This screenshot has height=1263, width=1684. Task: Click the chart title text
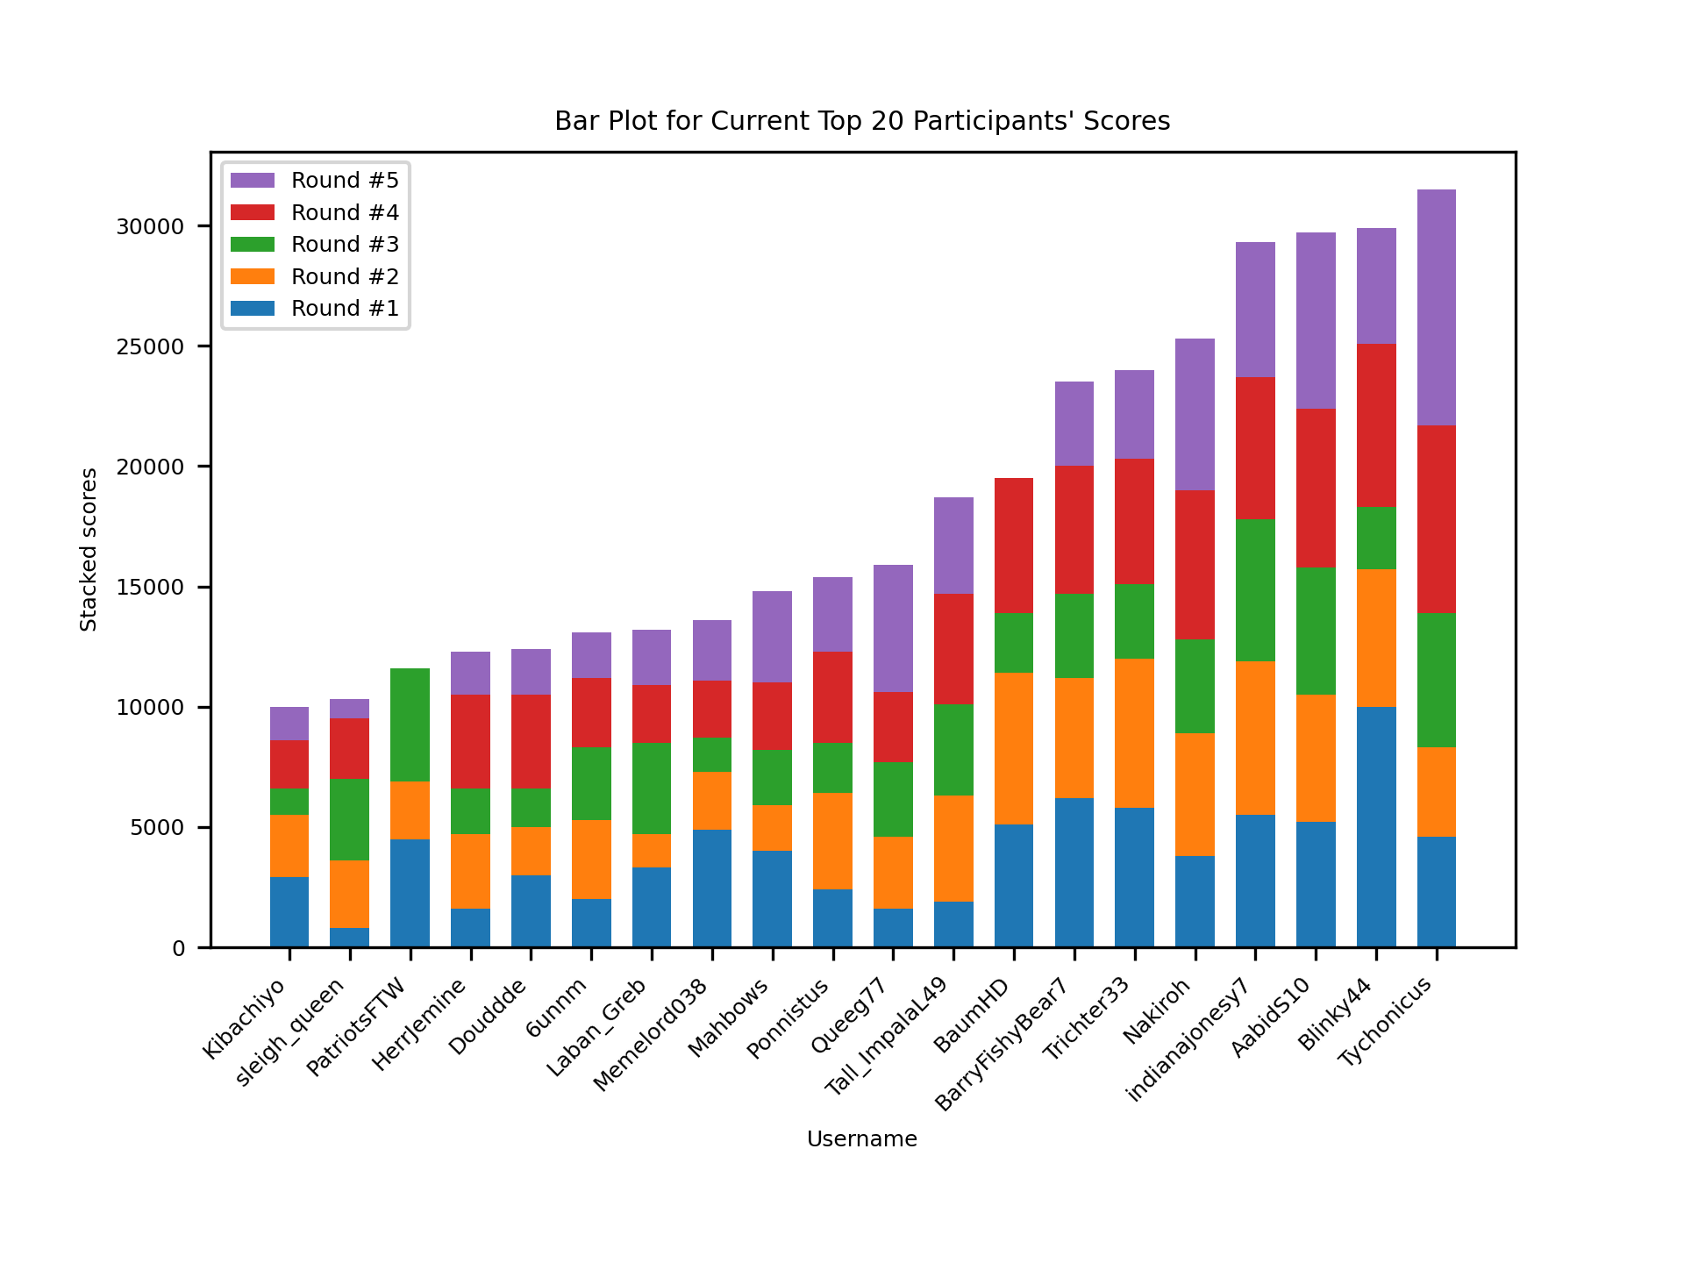click(x=861, y=121)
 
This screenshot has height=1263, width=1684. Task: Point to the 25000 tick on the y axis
click(x=150, y=347)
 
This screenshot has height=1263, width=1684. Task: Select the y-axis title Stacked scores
click(x=89, y=549)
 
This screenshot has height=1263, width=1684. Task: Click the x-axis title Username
click(x=861, y=1139)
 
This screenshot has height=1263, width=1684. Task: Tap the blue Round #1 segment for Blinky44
click(x=1375, y=826)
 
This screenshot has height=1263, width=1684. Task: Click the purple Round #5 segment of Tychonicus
click(x=1436, y=307)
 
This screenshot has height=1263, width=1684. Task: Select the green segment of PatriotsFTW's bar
click(x=410, y=724)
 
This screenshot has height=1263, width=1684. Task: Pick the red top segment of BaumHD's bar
click(x=1013, y=545)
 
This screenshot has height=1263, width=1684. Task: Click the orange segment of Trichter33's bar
click(x=1134, y=732)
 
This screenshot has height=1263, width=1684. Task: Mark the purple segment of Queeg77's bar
click(x=893, y=628)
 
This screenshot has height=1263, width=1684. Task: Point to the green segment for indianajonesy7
click(x=1255, y=589)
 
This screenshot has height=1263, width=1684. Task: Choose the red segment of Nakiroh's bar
click(x=1195, y=565)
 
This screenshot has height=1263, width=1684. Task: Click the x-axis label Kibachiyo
click(x=245, y=1018)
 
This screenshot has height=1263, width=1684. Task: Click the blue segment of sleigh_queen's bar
click(x=349, y=937)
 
